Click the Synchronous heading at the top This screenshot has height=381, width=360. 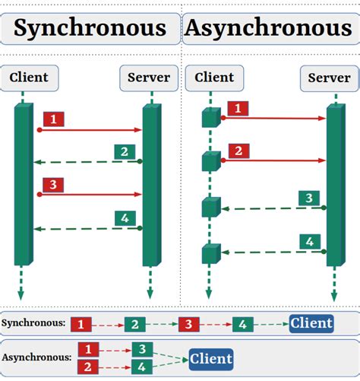coord(90,29)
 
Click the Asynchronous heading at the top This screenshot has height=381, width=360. coord(268,29)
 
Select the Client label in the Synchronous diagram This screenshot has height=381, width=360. coord(29,78)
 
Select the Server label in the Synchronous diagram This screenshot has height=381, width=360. coord(149,78)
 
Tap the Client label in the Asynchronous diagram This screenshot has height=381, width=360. coord(214,78)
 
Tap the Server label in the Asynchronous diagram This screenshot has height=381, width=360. coord(330,78)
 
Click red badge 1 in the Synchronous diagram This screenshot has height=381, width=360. coord(54,119)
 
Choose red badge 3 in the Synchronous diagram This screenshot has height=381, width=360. coord(53,184)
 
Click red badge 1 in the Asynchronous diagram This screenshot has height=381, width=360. coord(238,110)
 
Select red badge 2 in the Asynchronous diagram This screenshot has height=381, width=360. coord(238,151)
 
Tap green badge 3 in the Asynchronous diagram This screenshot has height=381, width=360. coord(308,198)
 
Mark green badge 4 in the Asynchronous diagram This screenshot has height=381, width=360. coord(308,242)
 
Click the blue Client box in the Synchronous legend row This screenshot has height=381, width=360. coord(311,323)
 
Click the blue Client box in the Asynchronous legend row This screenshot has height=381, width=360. coord(211,358)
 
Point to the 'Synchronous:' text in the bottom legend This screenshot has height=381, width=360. coord(33,323)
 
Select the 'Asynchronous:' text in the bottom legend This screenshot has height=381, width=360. coord(37,356)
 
